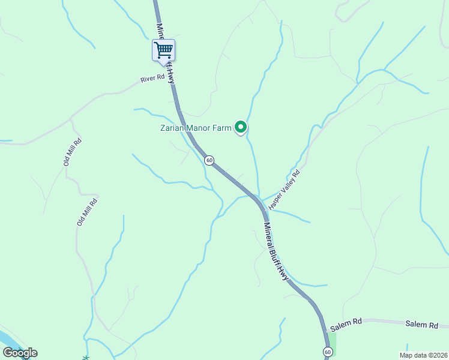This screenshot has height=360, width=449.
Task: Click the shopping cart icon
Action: point(163,49)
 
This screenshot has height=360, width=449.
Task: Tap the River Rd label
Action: point(152,79)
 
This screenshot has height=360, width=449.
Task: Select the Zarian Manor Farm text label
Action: point(196,127)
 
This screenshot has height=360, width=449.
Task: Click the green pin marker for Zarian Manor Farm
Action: point(241,127)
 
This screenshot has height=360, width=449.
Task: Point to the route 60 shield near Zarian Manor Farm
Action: point(209,160)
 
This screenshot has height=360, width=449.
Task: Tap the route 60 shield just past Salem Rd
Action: point(327,351)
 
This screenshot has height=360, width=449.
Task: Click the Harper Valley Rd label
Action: point(284,189)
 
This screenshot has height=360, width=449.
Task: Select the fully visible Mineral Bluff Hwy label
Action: point(276,251)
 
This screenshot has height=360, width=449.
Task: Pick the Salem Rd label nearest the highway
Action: point(345,322)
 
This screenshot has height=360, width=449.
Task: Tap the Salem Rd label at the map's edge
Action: point(421,325)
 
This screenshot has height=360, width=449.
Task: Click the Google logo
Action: point(20,353)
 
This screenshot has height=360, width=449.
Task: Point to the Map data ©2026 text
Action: point(426,355)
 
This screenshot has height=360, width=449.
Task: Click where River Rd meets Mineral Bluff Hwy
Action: point(173,83)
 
